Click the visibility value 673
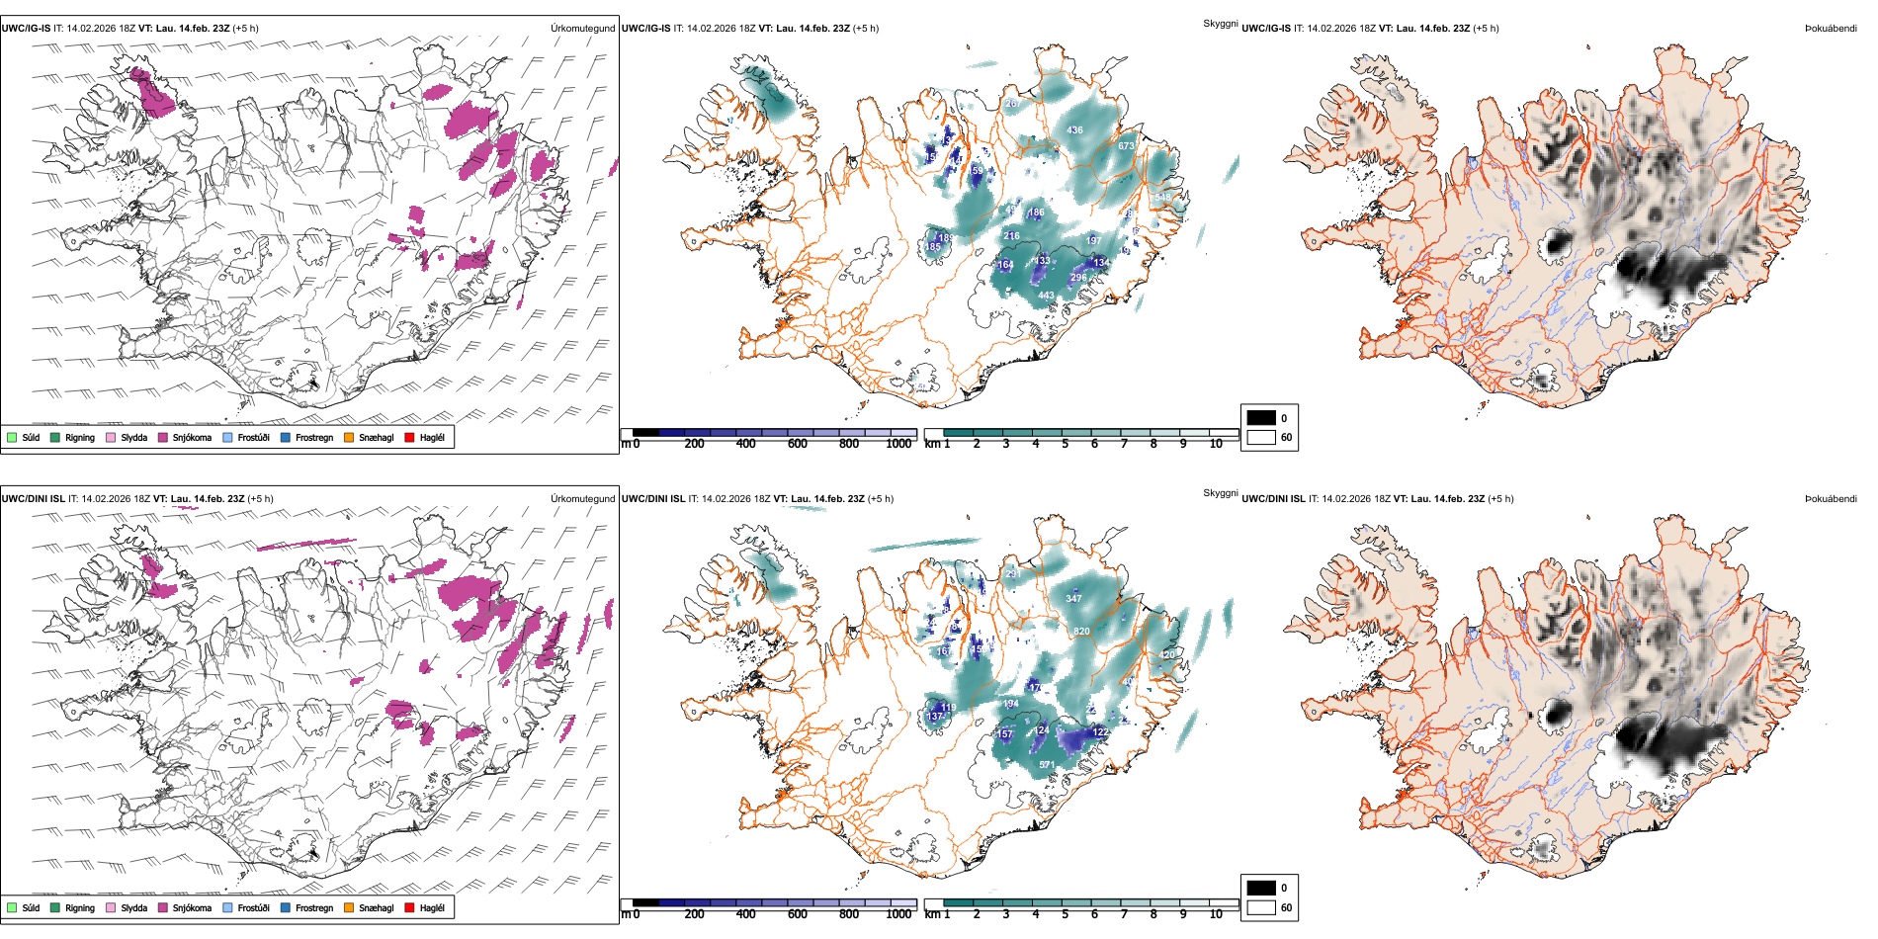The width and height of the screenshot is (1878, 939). tap(1126, 146)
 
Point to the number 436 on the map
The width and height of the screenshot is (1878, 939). tap(1074, 130)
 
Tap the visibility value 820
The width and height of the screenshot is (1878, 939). tap(1081, 631)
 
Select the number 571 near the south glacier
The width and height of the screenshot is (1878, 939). tap(1047, 765)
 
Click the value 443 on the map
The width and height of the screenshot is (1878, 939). tap(1046, 296)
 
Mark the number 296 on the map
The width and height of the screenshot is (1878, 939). tap(1077, 278)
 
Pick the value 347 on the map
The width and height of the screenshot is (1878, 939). tap(1073, 599)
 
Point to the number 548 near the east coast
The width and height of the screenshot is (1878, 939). tap(1162, 198)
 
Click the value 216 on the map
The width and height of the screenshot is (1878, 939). tap(1011, 236)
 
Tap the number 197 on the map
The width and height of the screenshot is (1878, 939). tap(1093, 241)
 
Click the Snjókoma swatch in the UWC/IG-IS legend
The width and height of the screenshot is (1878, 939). tap(163, 438)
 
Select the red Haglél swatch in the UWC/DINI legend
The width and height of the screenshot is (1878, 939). tap(409, 907)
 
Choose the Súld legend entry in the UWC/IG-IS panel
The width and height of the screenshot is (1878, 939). tap(12, 438)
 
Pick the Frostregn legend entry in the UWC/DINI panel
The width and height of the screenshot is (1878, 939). tap(286, 907)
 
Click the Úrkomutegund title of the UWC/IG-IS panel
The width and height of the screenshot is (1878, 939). tap(582, 29)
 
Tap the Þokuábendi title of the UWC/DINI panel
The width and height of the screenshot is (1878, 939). tap(1831, 499)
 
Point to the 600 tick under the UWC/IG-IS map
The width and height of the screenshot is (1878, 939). tap(797, 444)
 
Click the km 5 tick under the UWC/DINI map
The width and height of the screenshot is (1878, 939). tap(1065, 914)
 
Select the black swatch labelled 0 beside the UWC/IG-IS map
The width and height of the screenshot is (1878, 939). tap(1261, 418)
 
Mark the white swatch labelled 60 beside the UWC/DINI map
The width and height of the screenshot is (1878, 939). tap(1261, 907)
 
